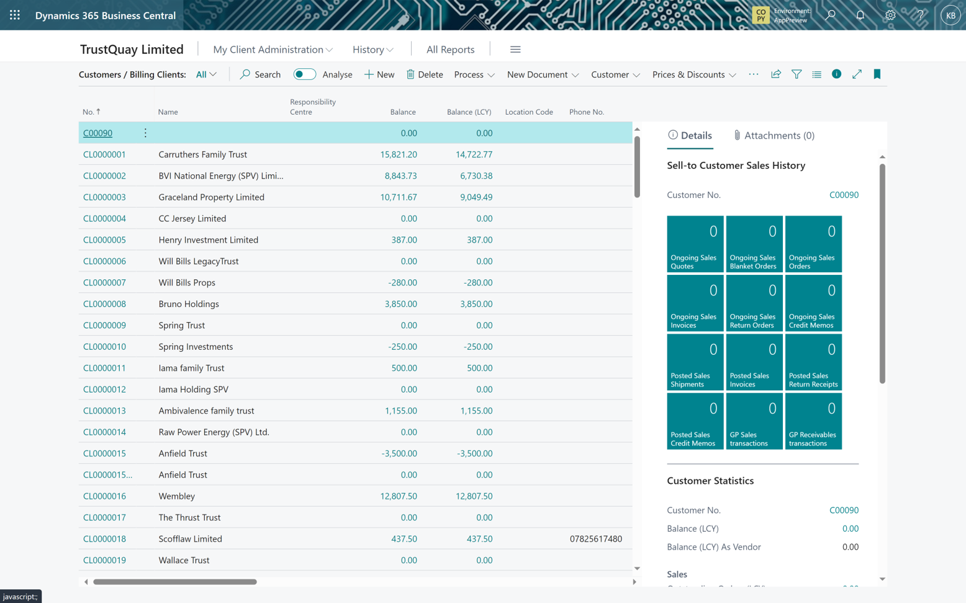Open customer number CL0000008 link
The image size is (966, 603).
tap(104, 304)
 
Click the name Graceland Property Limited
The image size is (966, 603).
tap(211, 197)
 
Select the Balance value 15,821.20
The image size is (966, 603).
tap(398, 154)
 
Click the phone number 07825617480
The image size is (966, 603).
tap(595, 539)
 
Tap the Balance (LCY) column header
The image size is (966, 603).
tap(469, 112)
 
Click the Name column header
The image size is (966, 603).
tap(168, 112)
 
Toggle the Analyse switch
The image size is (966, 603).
tap(304, 74)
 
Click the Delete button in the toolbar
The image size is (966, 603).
tap(425, 74)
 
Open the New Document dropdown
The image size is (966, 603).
tap(543, 74)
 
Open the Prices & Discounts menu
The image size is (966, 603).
tap(693, 74)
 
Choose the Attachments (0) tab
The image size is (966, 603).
tap(774, 135)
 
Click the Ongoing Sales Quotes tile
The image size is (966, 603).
tap(695, 244)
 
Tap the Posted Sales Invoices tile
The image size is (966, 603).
tap(754, 362)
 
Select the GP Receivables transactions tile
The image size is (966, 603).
tap(813, 421)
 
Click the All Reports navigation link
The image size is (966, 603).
tap(450, 50)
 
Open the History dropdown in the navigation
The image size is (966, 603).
tap(372, 50)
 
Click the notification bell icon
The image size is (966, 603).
tap(860, 15)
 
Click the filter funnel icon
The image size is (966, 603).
tap(797, 74)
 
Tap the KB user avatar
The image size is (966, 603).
tap(950, 15)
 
